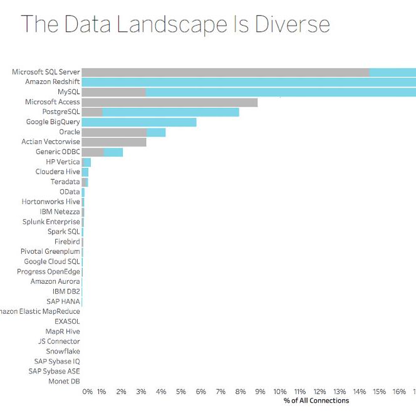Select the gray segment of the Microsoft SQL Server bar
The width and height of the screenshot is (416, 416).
click(x=226, y=72)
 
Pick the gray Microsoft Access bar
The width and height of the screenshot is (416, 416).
click(x=169, y=102)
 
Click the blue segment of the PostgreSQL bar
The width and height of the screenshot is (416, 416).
click(x=170, y=112)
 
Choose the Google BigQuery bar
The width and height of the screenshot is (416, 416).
click(x=139, y=122)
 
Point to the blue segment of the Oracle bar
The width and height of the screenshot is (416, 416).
click(x=156, y=132)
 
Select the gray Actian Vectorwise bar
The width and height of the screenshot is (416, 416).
click(x=114, y=142)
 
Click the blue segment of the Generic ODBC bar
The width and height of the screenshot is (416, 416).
click(x=113, y=152)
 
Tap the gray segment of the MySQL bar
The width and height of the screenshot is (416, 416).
click(x=114, y=92)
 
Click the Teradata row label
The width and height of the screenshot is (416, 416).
click(x=65, y=182)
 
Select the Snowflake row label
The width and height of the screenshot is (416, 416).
click(x=63, y=351)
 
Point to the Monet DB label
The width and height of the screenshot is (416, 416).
click(x=64, y=381)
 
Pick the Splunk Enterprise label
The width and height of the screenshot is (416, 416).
click(x=51, y=222)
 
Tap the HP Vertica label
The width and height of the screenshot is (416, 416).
click(x=63, y=162)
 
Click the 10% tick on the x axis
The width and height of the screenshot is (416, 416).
click(x=280, y=392)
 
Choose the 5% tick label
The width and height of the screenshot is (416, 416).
click(x=181, y=392)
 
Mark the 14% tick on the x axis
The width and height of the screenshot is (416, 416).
click(x=360, y=392)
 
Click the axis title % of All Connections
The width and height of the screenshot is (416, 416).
click(x=316, y=401)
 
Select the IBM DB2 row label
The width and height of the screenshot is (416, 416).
click(x=66, y=291)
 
